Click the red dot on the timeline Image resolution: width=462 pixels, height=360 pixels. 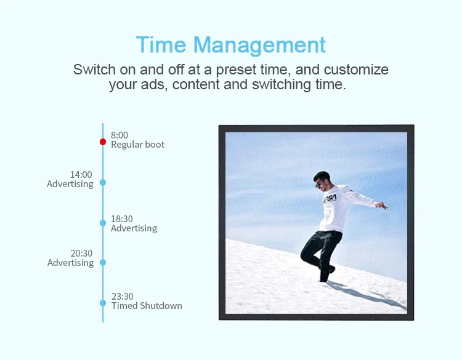tap(103, 142)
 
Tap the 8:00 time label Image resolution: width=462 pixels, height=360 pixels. tap(120, 135)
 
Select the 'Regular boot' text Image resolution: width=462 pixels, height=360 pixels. tap(137, 145)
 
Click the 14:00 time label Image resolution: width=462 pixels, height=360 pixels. tap(81, 174)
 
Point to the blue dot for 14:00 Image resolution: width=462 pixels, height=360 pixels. tap(103, 182)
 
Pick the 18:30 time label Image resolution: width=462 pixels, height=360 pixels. tap(121, 218)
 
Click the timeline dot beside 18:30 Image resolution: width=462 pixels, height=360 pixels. tap(103, 223)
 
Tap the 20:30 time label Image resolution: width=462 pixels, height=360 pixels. tap(81, 253)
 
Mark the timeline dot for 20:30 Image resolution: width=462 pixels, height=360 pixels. tap(103, 262)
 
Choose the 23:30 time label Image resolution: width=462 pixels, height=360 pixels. tap(122, 296)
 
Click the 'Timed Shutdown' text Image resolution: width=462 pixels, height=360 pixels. tap(147, 306)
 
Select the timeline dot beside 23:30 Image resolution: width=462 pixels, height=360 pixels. tap(103, 303)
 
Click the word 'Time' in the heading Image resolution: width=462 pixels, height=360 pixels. tap(161, 45)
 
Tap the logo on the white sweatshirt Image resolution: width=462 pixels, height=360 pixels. tap(331, 198)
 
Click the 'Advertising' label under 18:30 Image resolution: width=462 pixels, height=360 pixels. tap(134, 228)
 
